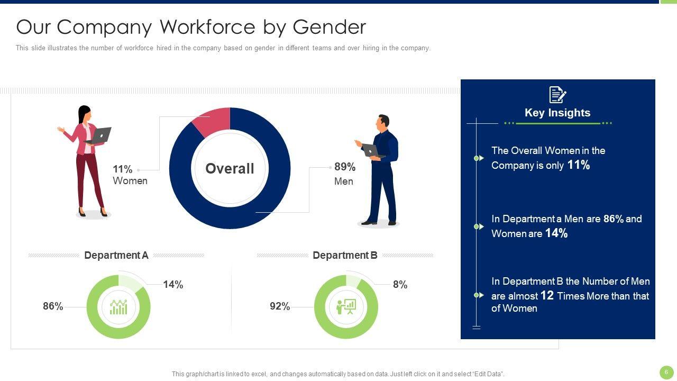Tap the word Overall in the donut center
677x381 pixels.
tap(230, 168)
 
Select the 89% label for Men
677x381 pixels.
tap(345, 167)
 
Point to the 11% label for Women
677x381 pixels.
tap(122, 169)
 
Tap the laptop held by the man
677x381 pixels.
tap(372, 151)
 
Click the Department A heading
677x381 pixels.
tap(116, 255)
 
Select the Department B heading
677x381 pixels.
tap(345, 255)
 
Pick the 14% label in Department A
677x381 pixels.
tap(173, 285)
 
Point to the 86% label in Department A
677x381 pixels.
tap(53, 306)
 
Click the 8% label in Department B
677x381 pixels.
tap(400, 285)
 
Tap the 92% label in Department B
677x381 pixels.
tap(280, 306)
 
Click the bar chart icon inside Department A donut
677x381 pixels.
tap(118, 307)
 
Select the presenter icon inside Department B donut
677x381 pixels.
tap(346, 307)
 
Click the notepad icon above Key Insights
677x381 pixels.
tap(557, 95)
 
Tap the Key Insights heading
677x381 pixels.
tap(557, 113)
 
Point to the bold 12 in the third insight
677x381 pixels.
tap(547, 295)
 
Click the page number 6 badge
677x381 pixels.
tap(666, 372)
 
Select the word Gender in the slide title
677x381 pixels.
tap(329, 26)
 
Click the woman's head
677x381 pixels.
tap(84, 113)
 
